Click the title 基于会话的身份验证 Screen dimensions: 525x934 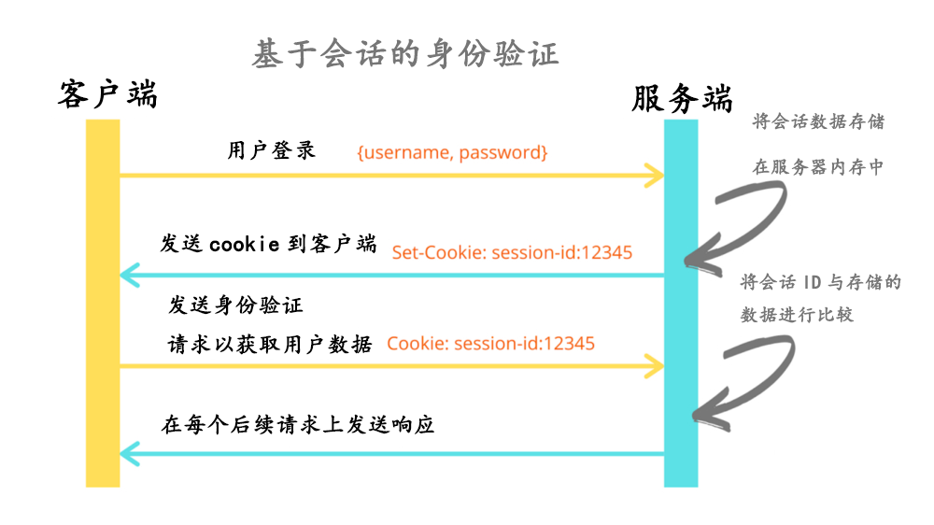click(405, 53)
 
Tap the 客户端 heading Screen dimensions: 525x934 click(107, 94)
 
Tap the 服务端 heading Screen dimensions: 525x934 click(682, 98)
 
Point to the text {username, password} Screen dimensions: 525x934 click(452, 151)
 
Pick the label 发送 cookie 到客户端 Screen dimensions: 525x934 click(268, 245)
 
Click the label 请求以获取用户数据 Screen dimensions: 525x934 click(270, 344)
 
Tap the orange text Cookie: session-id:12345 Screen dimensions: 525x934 click(490, 344)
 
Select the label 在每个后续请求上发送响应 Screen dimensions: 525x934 click(299, 425)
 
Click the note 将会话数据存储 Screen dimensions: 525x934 click(818, 122)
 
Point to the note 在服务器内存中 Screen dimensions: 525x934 click(818, 168)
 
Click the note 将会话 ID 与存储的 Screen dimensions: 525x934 click(820, 282)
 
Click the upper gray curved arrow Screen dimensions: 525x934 click(738, 220)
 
